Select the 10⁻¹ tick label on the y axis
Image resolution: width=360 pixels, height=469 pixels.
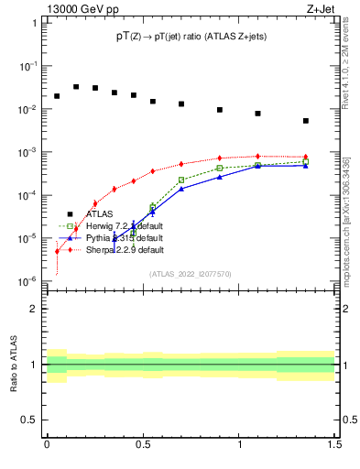(30, 67)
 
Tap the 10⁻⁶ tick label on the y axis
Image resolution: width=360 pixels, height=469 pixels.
(30, 280)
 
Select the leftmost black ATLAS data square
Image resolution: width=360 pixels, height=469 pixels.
(57, 96)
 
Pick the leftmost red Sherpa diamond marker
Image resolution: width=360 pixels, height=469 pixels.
(57, 251)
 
